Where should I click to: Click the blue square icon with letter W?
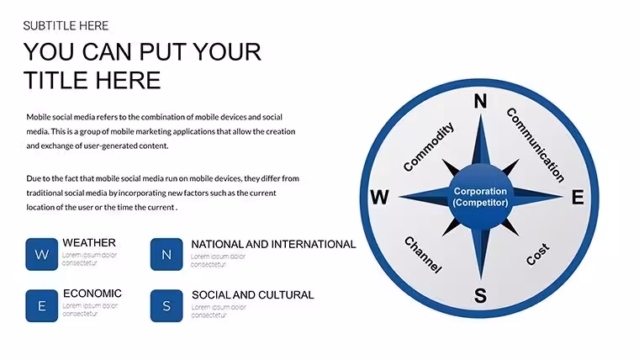tap(41, 254)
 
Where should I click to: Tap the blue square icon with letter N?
tap(166, 254)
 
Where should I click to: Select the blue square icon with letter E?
tap(41, 306)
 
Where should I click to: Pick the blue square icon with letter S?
tap(166, 306)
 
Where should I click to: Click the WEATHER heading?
tap(89, 242)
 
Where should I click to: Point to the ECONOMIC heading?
tap(92, 294)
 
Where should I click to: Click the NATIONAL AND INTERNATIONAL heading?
tap(273, 244)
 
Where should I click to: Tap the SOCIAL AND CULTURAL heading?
tap(253, 294)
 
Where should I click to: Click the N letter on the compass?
tap(480, 101)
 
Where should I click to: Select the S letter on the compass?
tap(480, 295)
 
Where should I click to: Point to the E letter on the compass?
tap(578, 198)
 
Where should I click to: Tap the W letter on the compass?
tap(379, 198)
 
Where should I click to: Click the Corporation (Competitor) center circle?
tap(480, 197)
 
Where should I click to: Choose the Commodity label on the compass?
tap(428, 146)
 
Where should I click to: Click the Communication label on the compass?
tap(536, 145)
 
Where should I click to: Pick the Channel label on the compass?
tap(423, 255)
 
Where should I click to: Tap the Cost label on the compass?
tap(537, 254)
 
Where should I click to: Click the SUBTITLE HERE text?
tap(66, 26)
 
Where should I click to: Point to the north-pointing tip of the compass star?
tap(480, 114)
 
